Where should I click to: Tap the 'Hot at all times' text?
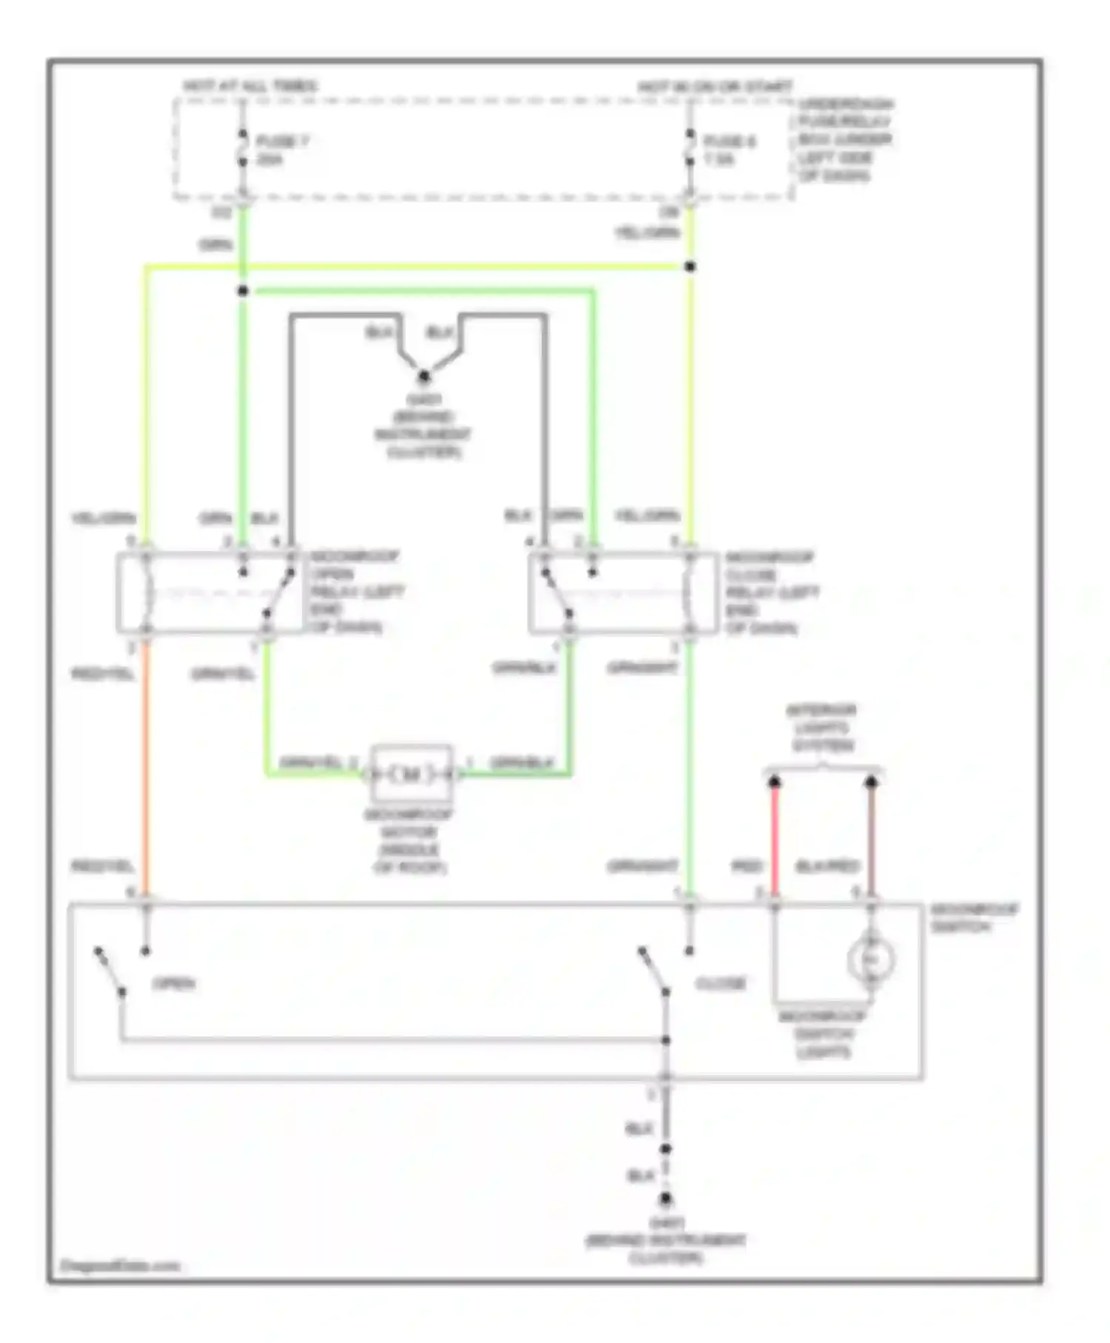point(250,86)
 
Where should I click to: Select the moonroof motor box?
point(411,774)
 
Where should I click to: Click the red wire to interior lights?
point(775,840)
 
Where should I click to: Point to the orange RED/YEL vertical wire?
point(146,770)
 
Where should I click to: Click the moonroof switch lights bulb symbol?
point(871,960)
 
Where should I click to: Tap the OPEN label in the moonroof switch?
point(174,984)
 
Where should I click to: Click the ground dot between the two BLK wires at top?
point(424,376)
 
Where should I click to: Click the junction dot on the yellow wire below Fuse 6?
point(690,267)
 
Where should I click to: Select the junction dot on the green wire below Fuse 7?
point(243,291)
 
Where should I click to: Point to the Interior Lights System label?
point(821,728)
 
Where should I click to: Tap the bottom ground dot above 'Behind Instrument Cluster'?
point(666,1198)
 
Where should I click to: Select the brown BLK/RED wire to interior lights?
point(872,840)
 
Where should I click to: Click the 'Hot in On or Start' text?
point(715,87)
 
